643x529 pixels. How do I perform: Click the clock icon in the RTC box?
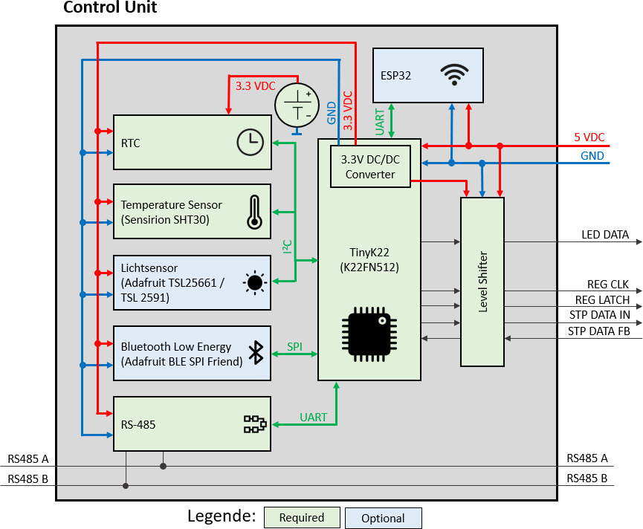[250, 142]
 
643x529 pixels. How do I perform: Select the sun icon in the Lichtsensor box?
[255, 282]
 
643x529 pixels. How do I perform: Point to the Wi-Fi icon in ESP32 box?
[454, 74]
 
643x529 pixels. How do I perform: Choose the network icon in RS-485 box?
[255, 424]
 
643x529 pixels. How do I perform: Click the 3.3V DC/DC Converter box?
[369, 167]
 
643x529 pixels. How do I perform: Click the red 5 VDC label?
[589, 137]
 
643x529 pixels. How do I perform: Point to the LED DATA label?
[604, 235]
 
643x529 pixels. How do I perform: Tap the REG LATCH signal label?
[602, 300]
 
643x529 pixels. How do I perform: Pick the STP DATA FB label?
[598, 331]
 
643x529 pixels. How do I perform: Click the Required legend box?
[302, 518]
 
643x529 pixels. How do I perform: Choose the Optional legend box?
[383, 518]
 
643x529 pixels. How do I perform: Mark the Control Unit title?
[110, 8]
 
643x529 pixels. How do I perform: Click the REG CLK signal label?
[607, 285]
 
